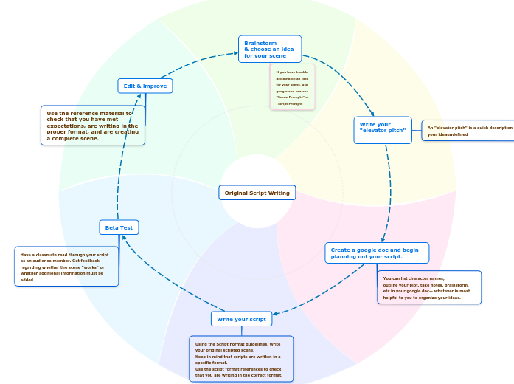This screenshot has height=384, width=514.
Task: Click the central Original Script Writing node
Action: point(257,193)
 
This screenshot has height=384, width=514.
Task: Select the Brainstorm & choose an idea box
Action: point(269,49)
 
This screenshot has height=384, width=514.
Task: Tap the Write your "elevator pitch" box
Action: point(382,130)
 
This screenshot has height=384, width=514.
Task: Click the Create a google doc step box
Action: point(376,253)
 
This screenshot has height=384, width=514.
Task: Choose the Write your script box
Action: point(241,319)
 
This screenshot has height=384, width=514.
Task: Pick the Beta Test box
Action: point(119,227)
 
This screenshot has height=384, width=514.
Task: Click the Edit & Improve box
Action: point(145,86)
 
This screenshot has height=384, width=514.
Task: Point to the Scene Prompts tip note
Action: point(292,87)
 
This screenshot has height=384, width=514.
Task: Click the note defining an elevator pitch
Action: point(468,131)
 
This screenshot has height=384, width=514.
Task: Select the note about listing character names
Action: point(429,287)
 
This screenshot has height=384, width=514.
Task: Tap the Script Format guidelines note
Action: point(240,359)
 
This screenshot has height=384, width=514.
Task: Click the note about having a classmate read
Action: point(66,266)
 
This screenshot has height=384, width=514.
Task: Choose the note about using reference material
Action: point(92,126)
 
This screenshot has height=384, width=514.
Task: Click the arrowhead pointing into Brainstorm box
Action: point(235,54)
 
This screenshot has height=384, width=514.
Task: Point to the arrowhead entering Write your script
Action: point(276,314)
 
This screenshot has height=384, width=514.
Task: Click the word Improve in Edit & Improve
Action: point(155,86)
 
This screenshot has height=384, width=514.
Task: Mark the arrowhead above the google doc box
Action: point(381,239)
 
